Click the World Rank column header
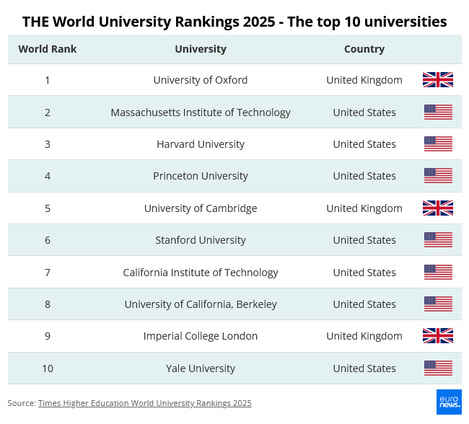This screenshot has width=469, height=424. tap(48, 49)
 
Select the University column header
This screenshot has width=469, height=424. tap(201, 49)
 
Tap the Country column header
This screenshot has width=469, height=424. tap(364, 49)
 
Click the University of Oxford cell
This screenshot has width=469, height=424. tap(201, 80)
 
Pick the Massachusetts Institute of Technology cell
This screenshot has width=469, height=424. tap(201, 112)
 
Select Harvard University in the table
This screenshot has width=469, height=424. tap(201, 144)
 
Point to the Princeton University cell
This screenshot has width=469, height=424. tap(201, 176)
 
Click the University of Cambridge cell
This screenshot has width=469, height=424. tap(201, 208)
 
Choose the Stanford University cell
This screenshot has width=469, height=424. tap(201, 240)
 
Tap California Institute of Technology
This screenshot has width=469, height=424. tap(201, 273)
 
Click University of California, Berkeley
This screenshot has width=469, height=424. tap(201, 304)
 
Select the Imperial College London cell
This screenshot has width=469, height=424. tap(201, 336)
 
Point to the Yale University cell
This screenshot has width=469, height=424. tap(201, 368)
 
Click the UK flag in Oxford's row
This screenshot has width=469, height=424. tap(438, 80)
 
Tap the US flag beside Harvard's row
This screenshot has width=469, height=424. tap(438, 144)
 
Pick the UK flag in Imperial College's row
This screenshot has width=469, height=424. tap(438, 336)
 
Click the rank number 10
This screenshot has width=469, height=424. tap(48, 368)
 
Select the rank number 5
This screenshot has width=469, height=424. tap(48, 208)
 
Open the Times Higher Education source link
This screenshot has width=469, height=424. tap(144, 403)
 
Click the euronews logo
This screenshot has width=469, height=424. tap(449, 402)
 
